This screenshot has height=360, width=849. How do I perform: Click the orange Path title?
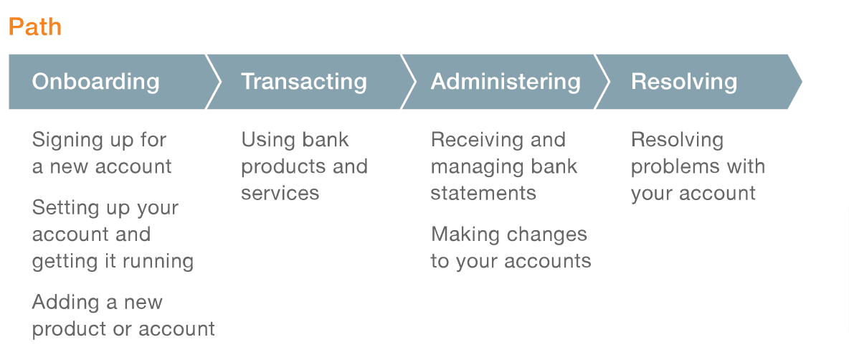tap(35, 27)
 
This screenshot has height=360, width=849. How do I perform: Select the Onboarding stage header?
tap(96, 82)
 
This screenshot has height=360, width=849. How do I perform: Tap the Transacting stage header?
tap(304, 82)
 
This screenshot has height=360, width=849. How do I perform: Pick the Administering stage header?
tap(506, 82)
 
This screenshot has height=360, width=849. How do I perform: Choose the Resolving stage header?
tap(684, 82)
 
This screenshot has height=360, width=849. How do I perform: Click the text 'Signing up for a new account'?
tap(102, 153)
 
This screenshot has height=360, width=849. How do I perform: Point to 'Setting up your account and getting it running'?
tap(113, 235)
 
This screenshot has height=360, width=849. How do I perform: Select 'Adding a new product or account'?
tap(123, 315)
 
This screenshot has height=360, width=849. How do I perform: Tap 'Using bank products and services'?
tap(304, 166)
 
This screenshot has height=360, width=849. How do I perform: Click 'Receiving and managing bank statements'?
tap(504, 166)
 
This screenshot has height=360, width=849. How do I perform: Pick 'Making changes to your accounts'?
tap(511, 247)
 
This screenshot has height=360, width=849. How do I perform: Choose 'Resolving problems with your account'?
tap(698, 166)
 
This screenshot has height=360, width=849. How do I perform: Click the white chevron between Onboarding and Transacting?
tap(214, 82)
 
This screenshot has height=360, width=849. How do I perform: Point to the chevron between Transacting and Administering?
tap(409, 82)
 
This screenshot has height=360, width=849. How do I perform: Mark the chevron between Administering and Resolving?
tap(602, 82)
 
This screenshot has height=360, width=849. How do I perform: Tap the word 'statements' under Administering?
tap(483, 193)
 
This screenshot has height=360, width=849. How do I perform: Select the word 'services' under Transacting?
tap(280, 193)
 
